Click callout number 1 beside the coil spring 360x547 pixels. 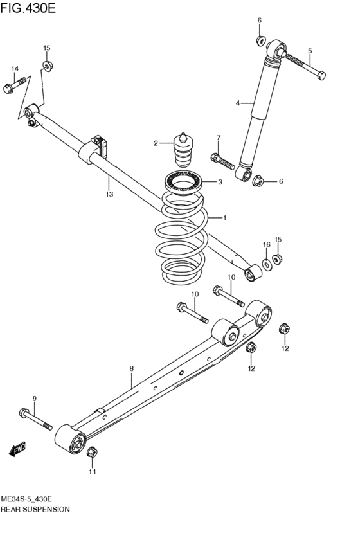coord(224,218)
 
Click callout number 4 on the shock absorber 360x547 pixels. coord(237,103)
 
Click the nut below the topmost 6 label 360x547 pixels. coord(260,40)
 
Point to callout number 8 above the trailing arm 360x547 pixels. coord(131,368)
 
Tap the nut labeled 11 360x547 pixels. coord(91,452)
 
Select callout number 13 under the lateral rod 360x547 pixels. coord(109,193)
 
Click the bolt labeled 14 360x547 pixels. coord(15,84)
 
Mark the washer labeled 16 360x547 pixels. coord(267,265)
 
